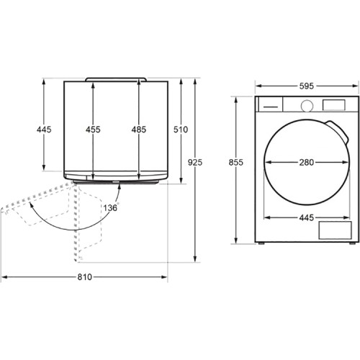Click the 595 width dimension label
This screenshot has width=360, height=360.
(307, 86)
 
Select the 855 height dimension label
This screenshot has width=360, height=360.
(235, 163)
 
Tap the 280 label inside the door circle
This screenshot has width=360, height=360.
(307, 163)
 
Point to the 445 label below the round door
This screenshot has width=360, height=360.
(307, 217)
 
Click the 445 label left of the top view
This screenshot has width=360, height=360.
(44, 130)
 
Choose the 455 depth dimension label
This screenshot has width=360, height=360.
(93, 130)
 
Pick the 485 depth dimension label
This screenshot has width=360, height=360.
(139, 130)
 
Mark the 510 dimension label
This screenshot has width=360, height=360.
(181, 130)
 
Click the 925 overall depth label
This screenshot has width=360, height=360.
(195, 163)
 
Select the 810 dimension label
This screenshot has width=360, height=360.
(85, 277)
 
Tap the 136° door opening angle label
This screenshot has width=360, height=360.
(111, 207)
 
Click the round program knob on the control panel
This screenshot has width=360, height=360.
(307, 106)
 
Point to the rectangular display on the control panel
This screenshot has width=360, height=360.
(334, 105)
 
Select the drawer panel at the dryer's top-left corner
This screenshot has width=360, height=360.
(269, 104)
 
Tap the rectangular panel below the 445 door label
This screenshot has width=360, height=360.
(335, 230)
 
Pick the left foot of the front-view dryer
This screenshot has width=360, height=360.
(261, 243)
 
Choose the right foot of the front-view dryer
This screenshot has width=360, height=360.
(352, 243)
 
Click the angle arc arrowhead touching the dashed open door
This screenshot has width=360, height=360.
(31, 204)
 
